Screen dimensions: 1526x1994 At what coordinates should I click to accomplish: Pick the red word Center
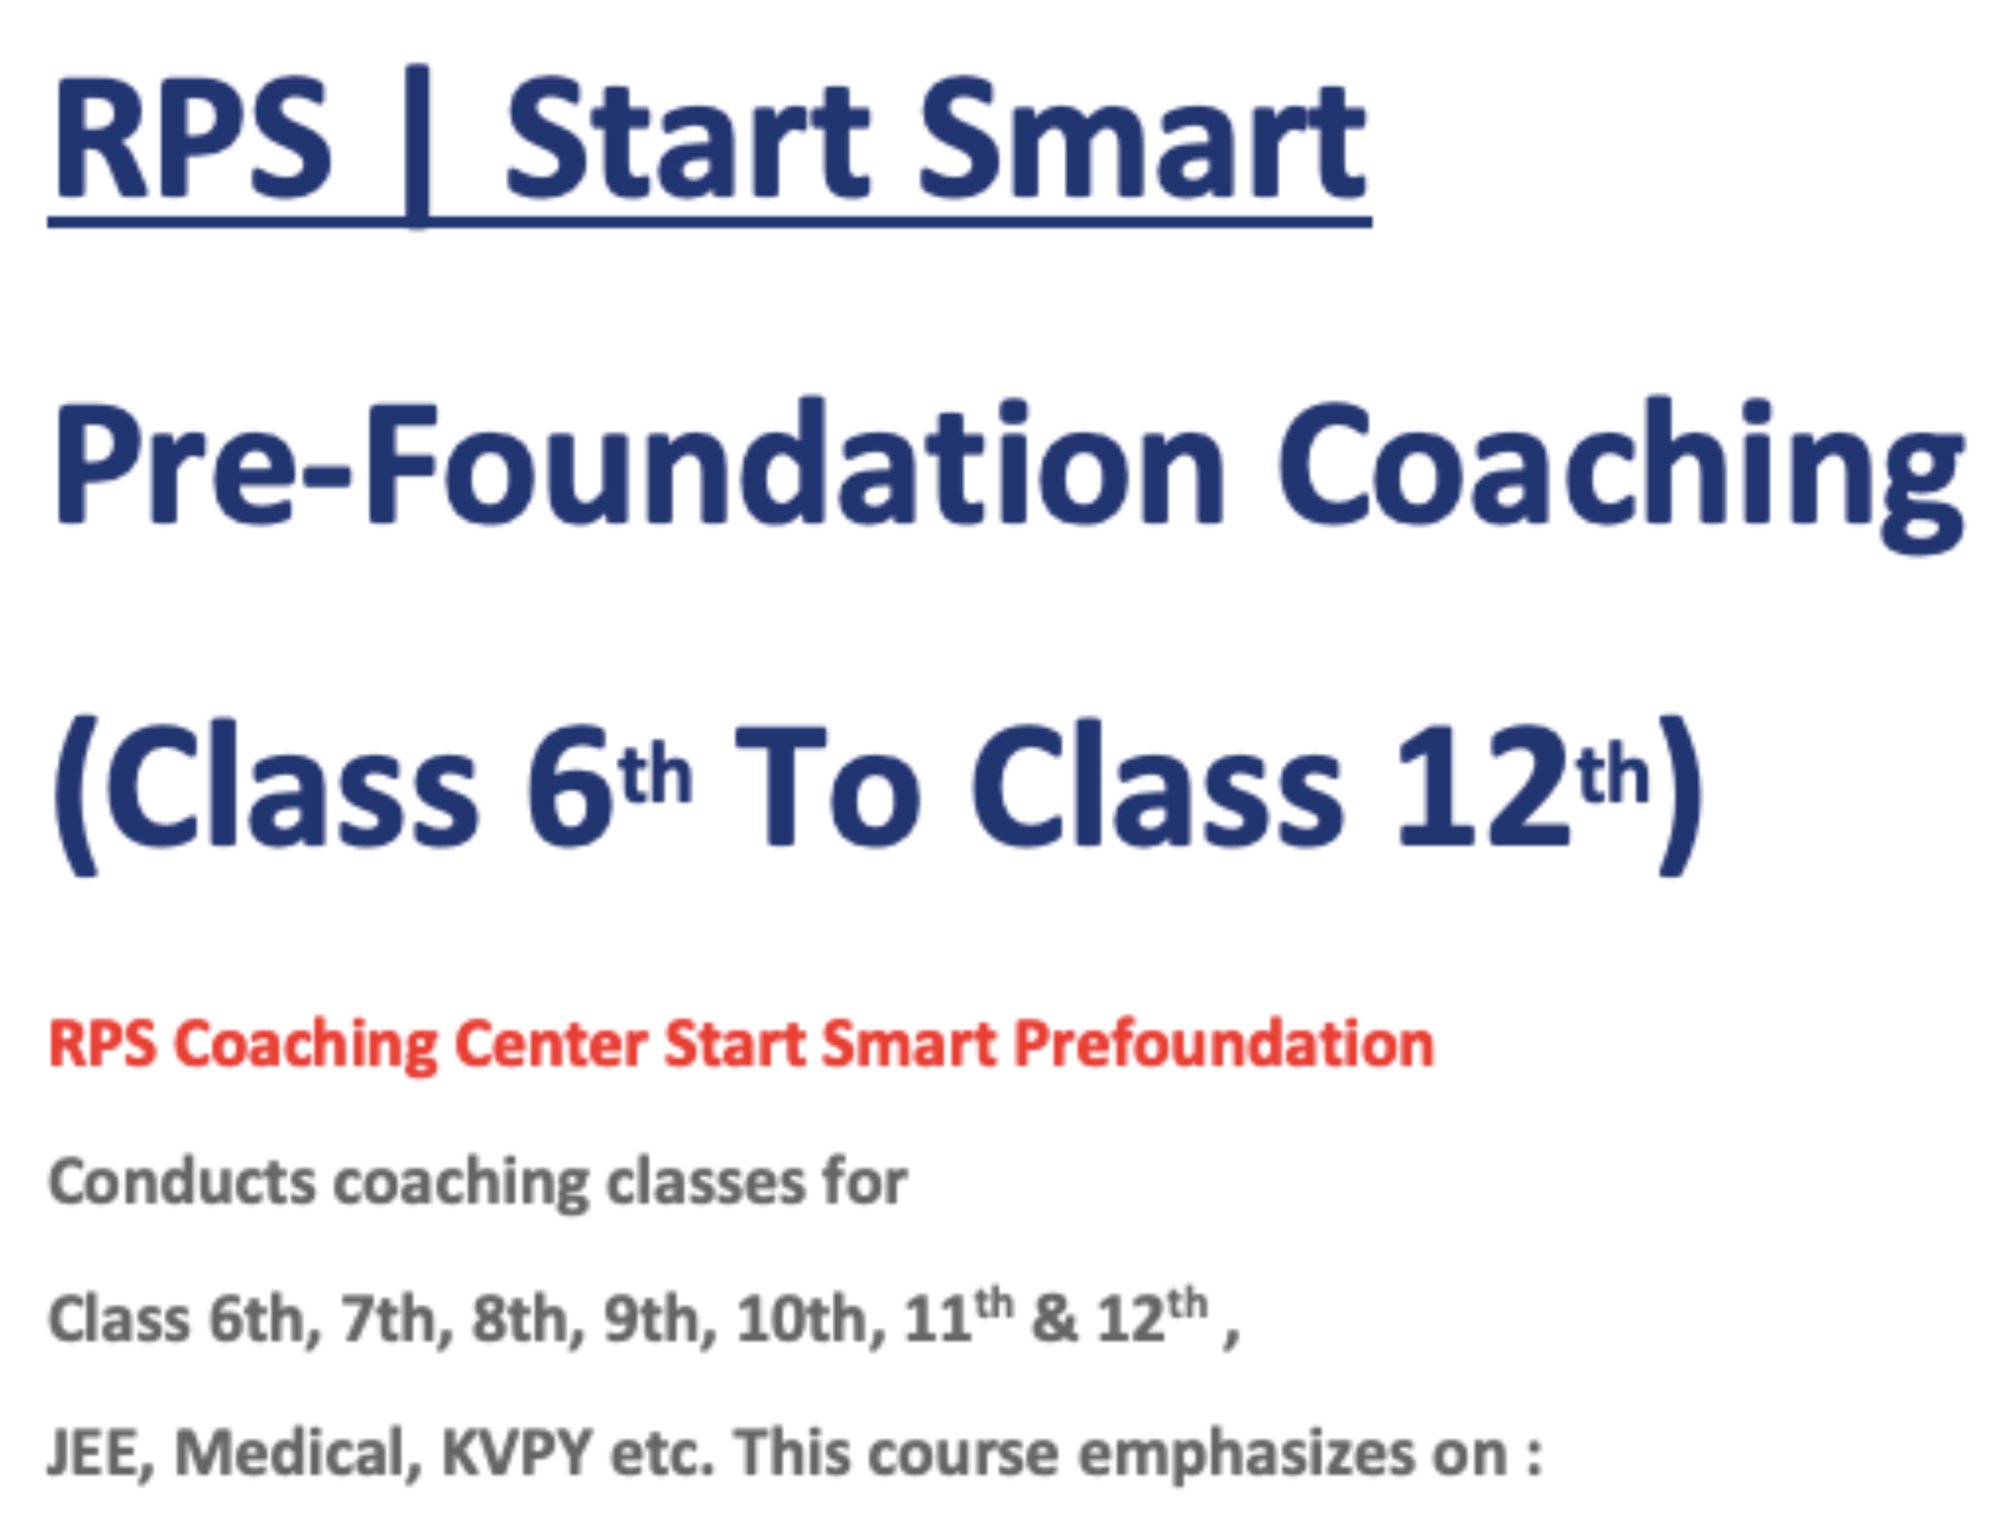coord(550,1043)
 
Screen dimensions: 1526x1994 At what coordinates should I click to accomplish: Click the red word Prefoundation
coord(1223,1043)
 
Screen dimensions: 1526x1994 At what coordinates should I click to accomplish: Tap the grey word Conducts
coord(182,1181)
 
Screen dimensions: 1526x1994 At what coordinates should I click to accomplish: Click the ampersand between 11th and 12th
coord(1054,1320)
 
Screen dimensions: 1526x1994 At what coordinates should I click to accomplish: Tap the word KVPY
coord(516,1452)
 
